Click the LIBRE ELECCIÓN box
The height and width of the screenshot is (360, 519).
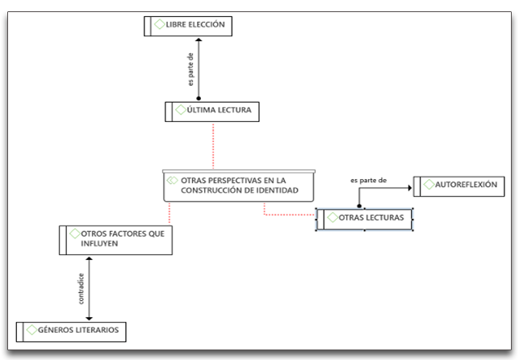(188, 26)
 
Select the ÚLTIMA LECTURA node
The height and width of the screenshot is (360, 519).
(212, 112)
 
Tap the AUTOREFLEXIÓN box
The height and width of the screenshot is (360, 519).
(459, 186)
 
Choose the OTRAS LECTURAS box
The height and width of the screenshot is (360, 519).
(364, 220)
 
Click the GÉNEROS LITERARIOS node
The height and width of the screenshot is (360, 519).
(71, 332)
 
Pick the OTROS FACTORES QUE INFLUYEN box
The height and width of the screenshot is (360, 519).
(116, 241)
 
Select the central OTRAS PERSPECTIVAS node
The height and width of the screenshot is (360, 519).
(239, 186)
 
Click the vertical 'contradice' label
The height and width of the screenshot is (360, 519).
(81, 288)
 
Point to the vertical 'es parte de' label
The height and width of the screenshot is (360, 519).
(190, 69)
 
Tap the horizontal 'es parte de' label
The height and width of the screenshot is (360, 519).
(368, 180)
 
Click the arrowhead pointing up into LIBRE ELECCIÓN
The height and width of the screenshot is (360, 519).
(199, 40)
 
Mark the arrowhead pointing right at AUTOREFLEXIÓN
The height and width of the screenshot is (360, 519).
(410, 188)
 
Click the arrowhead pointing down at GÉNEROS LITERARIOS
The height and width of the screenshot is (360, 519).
(89, 319)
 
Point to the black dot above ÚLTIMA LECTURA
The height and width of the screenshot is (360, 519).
(199, 98)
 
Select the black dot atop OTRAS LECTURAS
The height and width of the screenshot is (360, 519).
(359, 206)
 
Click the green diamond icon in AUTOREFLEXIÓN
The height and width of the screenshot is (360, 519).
(429, 184)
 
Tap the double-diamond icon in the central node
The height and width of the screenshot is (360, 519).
(172, 180)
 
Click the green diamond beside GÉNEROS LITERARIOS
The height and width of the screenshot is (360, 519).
(31, 329)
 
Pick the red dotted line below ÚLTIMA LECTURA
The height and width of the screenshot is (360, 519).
(213, 146)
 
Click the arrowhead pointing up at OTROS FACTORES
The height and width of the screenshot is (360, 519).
(89, 258)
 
